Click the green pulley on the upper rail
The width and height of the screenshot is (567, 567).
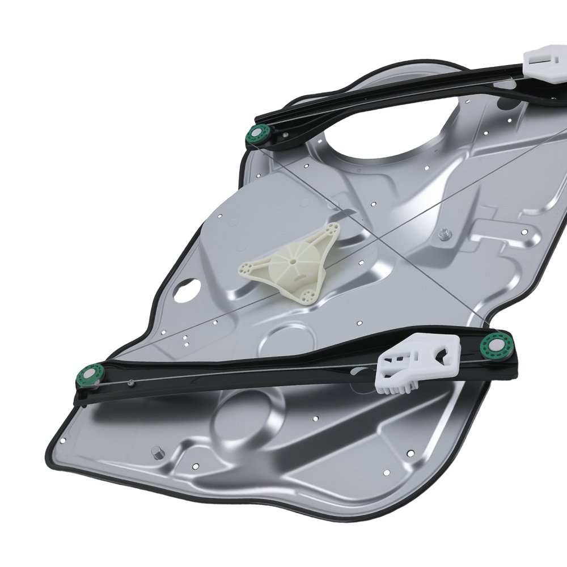[x=258, y=135]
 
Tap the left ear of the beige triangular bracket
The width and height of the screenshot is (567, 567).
[x=246, y=266]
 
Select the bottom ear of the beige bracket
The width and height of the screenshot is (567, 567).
[x=307, y=294]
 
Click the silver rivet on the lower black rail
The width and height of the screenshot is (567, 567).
[x=131, y=383]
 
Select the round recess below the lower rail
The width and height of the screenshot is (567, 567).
[x=244, y=417]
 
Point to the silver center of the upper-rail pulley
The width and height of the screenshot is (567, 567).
[x=258, y=135]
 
